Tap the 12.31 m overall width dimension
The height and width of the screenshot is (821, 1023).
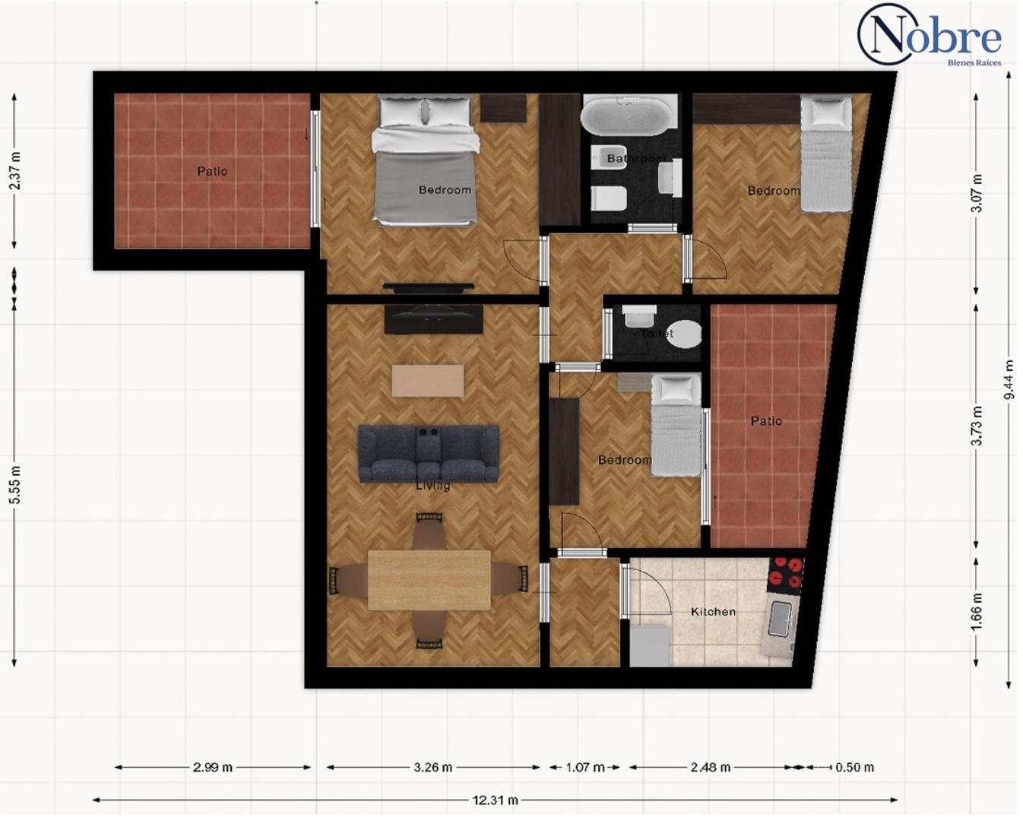[x=495, y=800]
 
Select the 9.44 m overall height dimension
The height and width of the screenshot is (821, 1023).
[x=1009, y=379]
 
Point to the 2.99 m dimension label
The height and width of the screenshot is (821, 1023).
[x=212, y=767]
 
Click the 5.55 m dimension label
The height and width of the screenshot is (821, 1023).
[x=14, y=485]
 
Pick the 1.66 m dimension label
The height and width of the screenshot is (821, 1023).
[x=977, y=610]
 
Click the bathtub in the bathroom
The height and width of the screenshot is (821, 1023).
[x=629, y=116]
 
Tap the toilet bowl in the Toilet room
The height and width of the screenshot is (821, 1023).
[x=685, y=334]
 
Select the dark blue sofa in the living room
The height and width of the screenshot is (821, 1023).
[x=429, y=453]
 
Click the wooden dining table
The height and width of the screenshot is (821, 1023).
[x=429, y=580]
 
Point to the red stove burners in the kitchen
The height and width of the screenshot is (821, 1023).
[x=785, y=575]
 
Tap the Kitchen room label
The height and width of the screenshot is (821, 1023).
[x=713, y=611]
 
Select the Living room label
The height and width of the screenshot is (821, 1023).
[x=432, y=486]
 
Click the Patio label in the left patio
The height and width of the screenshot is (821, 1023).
[x=212, y=171]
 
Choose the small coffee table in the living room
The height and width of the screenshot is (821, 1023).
[x=428, y=380]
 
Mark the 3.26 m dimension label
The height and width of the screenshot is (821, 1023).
[x=432, y=767]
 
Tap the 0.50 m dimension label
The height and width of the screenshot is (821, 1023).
[x=854, y=767]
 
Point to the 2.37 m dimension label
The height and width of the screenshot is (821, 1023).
[x=14, y=171]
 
